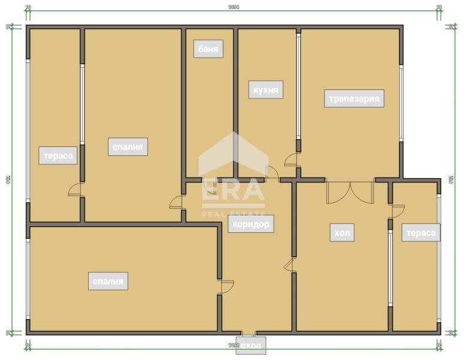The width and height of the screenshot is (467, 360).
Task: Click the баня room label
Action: click(208, 49)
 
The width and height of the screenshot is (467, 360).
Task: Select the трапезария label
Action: click(354, 98)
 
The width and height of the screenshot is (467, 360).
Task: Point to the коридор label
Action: click(250, 224)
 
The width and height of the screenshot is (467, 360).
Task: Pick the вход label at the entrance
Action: click(251, 346)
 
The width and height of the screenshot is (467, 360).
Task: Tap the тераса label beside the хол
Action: click(421, 233)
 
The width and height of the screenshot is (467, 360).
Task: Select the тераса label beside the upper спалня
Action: click(58, 156)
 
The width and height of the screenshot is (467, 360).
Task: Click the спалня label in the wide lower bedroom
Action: click(108, 281)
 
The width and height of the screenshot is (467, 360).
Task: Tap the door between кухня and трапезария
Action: click(292, 160)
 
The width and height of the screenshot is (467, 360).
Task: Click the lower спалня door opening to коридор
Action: click(225, 286)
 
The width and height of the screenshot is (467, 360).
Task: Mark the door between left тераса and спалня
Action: click(76, 190)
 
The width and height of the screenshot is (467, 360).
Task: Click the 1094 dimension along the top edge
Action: click(234, 8)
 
